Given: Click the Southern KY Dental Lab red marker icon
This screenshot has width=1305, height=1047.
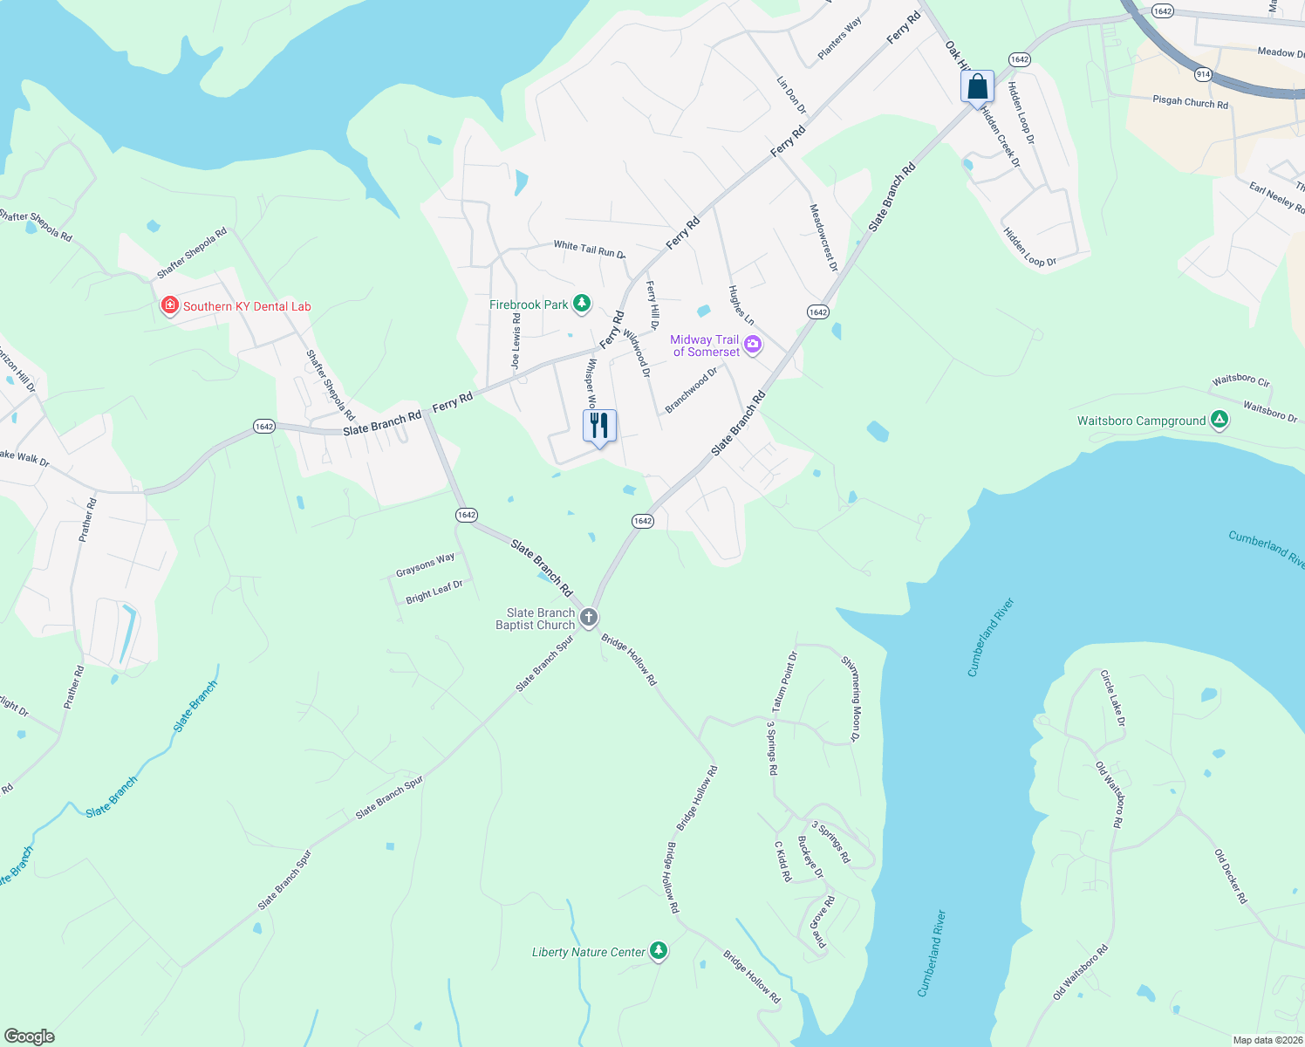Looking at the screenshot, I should (x=170, y=305).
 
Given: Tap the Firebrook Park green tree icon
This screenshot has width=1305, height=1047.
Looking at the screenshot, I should (x=581, y=304).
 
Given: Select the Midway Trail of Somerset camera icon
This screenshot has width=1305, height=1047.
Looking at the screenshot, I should (x=753, y=346).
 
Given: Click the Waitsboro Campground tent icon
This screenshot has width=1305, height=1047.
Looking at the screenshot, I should (x=1220, y=420).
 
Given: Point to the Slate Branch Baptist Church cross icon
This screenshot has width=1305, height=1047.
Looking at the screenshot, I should (x=589, y=618).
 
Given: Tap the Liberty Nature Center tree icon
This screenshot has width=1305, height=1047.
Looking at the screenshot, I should (x=659, y=951).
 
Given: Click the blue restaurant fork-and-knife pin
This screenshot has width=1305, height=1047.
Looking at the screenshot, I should (x=599, y=427).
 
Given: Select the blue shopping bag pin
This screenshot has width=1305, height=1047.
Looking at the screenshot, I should (x=977, y=86).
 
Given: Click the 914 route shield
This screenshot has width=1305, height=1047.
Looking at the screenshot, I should (x=1204, y=74).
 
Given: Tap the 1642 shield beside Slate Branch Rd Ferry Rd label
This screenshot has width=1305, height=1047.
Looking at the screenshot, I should (x=264, y=427).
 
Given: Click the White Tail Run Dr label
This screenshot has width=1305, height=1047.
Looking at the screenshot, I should (x=589, y=250).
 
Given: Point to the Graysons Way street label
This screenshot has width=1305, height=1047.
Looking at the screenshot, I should (x=425, y=565).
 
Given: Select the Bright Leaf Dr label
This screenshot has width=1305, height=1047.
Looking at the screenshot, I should (x=434, y=592).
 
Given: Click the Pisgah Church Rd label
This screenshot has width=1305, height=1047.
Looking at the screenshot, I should (x=1190, y=102).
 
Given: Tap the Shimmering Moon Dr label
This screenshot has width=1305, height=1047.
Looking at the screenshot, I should (x=851, y=699).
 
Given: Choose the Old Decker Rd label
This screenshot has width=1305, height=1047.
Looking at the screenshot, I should (x=1231, y=876).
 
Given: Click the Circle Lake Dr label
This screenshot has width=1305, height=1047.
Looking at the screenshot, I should (x=1112, y=698).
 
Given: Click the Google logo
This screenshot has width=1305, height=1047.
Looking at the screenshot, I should (x=29, y=1036).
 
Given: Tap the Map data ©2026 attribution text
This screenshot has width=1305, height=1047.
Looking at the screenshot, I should (x=1267, y=1040).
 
